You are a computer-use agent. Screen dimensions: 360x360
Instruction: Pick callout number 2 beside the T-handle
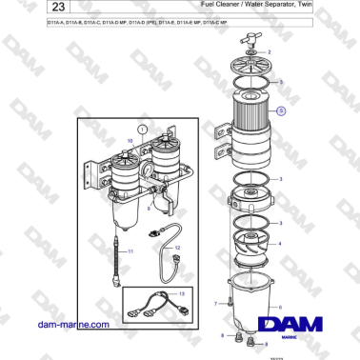click(x=269, y=49)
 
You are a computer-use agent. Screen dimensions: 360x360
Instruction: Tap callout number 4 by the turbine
click(x=279, y=243)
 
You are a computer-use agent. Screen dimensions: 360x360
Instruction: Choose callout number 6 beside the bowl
click(x=279, y=307)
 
